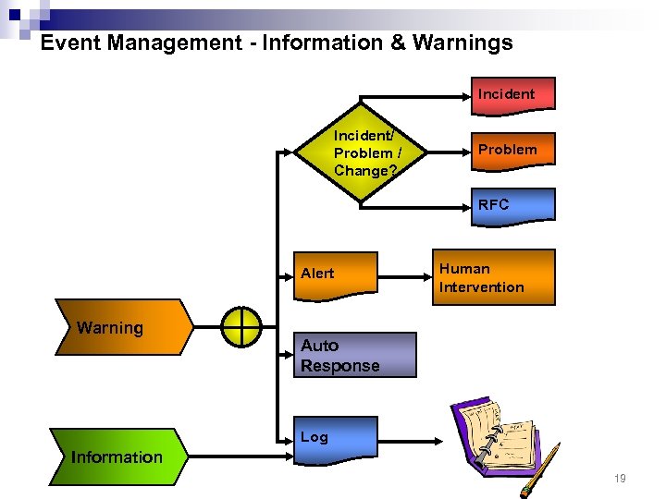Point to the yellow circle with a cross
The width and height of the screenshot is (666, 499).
241,327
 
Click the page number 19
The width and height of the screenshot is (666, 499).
620,479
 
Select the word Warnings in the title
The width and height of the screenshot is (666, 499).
462,43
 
